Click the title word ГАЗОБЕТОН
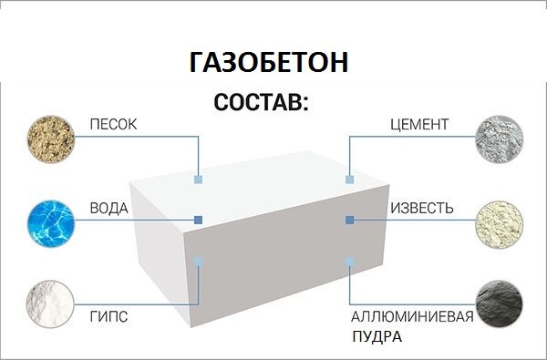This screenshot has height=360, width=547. click(269, 63)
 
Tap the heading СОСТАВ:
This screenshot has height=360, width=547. click(262, 102)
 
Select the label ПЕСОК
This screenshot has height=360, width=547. click(113, 124)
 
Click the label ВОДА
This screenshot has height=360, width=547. click(108, 209)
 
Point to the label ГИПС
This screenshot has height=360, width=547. click(108, 317)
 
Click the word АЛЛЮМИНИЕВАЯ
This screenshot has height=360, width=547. click(413, 317)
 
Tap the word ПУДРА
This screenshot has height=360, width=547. click(377, 336)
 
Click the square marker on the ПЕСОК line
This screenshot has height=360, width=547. click(198, 180)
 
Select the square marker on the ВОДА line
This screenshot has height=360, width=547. click(198, 220)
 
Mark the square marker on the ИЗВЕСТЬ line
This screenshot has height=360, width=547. click(349, 220)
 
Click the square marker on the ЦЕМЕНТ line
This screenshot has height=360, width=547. click(349, 180)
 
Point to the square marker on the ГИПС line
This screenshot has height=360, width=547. click(198, 262)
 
